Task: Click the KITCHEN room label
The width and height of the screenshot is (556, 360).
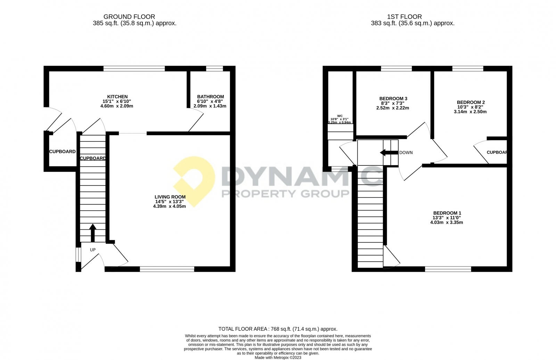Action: pyautogui.click(x=117, y=97)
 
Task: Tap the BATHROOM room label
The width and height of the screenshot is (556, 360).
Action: pyautogui.click(x=210, y=97)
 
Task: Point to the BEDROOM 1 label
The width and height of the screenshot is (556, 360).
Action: pyautogui.click(x=447, y=213)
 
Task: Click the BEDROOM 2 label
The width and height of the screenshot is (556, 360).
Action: pyautogui.click(x=471, y=102)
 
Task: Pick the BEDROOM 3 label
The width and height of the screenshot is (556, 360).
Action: pyautogui.click(x=393, y=99)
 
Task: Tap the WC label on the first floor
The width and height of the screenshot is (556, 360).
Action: pyautogui.click(x=340, y=116)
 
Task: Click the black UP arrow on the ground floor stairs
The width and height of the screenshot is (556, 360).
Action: pyautogui.click(x=92, y=232)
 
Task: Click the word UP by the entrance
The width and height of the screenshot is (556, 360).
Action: pyautogui.click(x=93, y=250)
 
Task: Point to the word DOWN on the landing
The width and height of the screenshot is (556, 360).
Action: pyautogui.click(x=406, y=153)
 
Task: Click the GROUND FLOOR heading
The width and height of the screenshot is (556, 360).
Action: pyautogui.click(x=129, y=17)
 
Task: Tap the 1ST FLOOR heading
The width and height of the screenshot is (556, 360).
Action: pyautogui.click(x=404, y=17)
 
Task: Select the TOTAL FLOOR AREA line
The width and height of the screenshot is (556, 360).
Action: pyautogui.click(x=278, y=329)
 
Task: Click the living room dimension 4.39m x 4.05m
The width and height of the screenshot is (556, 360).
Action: pyautogui.click(x=170, y=206)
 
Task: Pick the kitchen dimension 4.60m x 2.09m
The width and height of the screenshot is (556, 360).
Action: pyautogui.click(x=117, y=106)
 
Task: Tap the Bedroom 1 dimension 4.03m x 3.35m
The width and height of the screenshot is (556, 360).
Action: pyautogui.click(x=447, y=222)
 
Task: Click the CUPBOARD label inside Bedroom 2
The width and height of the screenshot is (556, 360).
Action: pyautogui.click(x=497, y=152)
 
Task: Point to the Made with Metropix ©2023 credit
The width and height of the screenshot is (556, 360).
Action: pyautogui.click(x=278, y=357)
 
